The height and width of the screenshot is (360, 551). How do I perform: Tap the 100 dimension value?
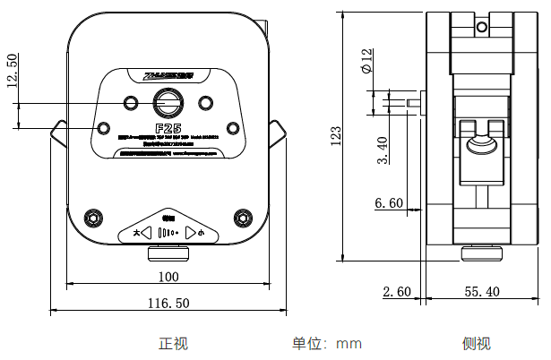click(168, 276)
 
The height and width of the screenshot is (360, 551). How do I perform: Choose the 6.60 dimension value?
click(389, 203)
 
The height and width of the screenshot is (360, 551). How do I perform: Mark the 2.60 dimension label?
click(396, 291)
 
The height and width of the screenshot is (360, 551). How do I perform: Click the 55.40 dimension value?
click(483, 291)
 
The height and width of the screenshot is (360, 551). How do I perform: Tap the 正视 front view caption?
click(174, 343)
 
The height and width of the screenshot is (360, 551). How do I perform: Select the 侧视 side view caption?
click(477, 343)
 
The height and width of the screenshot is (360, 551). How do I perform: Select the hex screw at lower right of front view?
click(242, 217)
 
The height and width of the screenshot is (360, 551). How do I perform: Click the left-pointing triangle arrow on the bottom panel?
click(146, 232)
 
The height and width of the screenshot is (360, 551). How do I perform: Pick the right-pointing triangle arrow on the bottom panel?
click(189, 232)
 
